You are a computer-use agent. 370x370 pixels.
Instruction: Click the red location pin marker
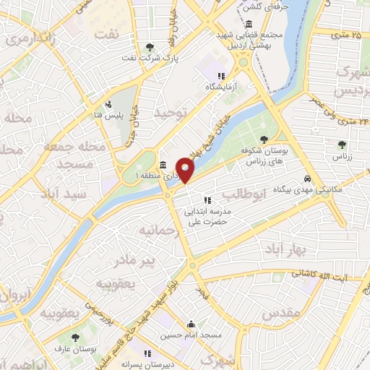click(186, 171)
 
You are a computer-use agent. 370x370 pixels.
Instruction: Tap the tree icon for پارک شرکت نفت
click(150, 47)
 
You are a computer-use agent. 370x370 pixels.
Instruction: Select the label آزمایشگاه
click(221, 86)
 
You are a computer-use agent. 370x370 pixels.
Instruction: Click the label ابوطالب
click(245, 194)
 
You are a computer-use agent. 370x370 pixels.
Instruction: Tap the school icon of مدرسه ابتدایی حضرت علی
click(207, 200)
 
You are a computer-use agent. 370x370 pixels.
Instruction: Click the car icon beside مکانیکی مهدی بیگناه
click(308, 178)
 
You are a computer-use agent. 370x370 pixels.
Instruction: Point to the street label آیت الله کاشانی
click(319, 275)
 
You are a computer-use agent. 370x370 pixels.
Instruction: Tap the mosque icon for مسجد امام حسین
click(191, 324)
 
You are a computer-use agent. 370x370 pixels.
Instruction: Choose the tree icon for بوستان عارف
click(75, 337)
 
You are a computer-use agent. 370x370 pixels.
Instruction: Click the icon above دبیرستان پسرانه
click(147, 354)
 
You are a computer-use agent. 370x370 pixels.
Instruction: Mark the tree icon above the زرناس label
click(341, 144)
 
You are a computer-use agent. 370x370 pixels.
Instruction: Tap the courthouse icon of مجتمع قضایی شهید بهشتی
click(249, 24)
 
